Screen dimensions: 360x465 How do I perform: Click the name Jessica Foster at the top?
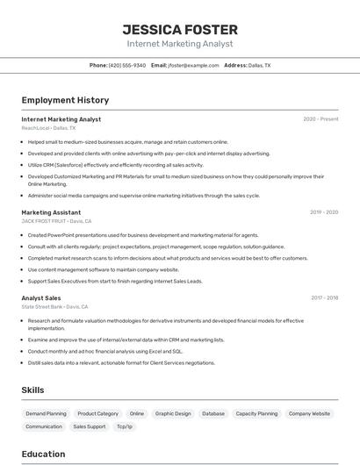pos(180,30)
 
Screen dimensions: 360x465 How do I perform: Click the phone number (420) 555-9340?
pos(126,65)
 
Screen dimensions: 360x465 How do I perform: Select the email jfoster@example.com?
pos(193,65)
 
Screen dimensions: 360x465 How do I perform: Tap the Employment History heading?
pos(65,100)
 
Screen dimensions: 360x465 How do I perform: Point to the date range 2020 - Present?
pos(320,119)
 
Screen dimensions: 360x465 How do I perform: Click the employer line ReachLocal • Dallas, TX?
pos(48,128)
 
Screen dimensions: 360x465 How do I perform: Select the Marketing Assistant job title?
pos(51,212)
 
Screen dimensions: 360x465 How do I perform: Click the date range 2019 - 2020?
pos(324,212)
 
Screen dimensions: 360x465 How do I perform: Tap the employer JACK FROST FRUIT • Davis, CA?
pos(56,221)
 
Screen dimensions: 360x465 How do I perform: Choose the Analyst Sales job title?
pos(41,297)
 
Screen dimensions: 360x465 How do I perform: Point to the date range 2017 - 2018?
pos(324,297)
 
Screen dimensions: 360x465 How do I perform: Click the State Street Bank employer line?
pos(54,306)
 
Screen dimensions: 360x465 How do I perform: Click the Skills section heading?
pos(32,390)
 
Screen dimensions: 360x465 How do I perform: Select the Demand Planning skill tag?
pos(46,413)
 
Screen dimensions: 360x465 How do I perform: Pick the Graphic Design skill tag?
pos(173,413)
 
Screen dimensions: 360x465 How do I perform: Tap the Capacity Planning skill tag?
pos(256,413)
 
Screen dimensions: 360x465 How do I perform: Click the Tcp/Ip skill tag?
pos(125,426)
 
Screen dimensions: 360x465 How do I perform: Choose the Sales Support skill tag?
pos(89,426)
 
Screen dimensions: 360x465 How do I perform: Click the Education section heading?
pos(43,454)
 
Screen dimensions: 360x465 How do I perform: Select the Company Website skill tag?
pos(309,413)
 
